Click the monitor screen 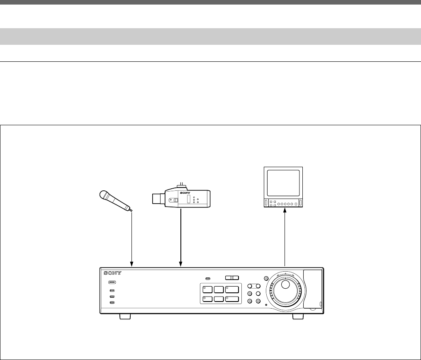(x=284, y=183)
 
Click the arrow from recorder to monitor (x=285, y=236)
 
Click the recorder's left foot (x=125, y=317)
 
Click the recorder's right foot (x=298, y=317)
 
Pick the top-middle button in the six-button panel (x=219, y=289)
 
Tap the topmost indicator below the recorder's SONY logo (x=112, y=282)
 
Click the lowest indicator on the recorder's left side (x=112, y=303)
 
